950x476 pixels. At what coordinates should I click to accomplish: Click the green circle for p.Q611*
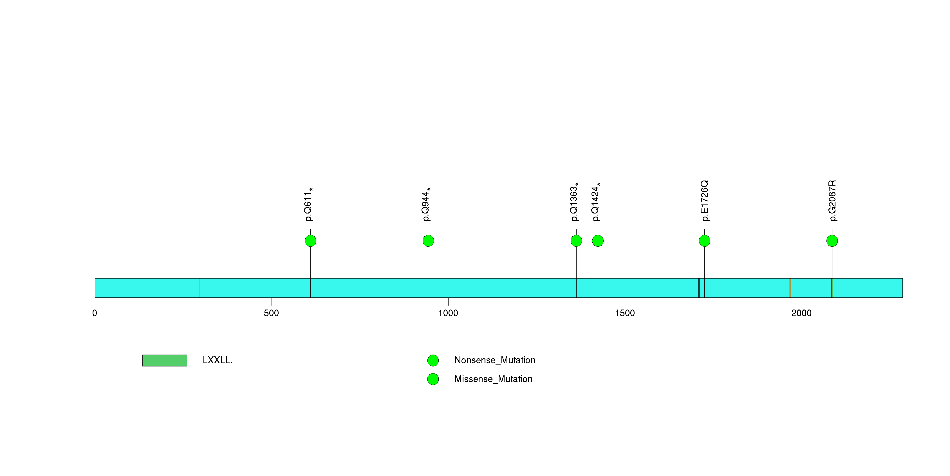[310, 241]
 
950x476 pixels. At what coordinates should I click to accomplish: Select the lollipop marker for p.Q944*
[428, 241]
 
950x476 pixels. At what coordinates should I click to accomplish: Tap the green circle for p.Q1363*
[576, 241]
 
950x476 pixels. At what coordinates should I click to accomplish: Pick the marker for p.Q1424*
[598, 241]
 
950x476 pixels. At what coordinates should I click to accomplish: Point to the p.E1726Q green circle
[704, 241]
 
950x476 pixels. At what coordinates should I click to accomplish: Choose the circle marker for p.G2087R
[832, 241]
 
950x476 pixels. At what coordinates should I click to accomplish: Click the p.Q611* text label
[309, 204]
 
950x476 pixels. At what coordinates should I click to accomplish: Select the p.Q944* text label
[426, 204]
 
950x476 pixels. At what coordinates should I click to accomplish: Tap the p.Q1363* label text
[575, 202]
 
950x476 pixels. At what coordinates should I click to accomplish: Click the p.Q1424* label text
[596, 202]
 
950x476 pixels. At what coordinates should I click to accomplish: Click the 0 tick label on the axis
[95, 313]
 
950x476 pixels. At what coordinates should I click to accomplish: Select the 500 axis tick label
[272, 313]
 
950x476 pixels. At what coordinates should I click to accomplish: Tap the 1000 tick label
[448, 313]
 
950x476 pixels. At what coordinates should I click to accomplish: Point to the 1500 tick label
[625, 313]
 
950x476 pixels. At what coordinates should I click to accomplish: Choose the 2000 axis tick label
[801, 313]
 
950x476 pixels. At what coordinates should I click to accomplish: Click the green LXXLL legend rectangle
[165, 361]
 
